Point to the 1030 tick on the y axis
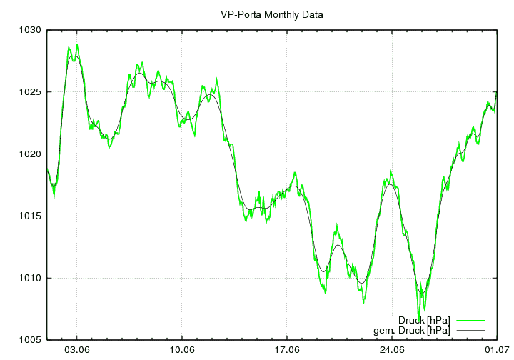31,31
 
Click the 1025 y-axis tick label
31,92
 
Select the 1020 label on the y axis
31,154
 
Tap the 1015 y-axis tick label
31,216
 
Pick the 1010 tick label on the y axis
31,278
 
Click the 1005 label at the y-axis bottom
31,340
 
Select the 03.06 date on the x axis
77,351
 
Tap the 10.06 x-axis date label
182,351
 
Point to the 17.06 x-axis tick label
287,351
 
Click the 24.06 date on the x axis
392,351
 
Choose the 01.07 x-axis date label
497,351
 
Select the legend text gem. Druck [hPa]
412,331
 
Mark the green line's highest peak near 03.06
77,45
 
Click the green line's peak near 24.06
391,172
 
